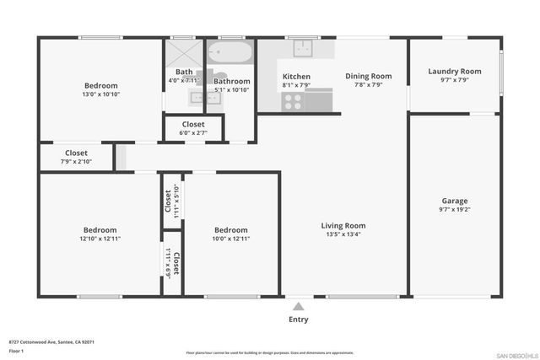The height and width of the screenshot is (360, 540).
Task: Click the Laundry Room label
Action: [454, 72]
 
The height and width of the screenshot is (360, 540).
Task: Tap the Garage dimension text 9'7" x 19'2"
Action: [454, 210]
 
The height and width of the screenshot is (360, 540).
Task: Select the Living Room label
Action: [343, 225]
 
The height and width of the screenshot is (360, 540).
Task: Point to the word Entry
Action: [299, 320]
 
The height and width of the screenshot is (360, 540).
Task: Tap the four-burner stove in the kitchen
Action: [294, 101]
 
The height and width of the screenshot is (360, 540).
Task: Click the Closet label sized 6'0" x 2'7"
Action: [192, 124]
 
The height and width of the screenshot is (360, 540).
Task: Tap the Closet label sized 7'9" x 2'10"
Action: [76, 153]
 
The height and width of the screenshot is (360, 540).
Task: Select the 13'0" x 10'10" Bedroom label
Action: [100, 85]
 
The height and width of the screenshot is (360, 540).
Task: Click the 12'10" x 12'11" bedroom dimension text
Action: [100, 239]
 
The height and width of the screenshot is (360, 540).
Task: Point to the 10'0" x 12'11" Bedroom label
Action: [230, 230]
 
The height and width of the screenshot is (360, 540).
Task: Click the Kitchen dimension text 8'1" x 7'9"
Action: [296, 85]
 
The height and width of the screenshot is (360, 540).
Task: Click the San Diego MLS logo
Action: [514, 352]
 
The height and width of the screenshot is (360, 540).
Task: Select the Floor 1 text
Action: [16, 351]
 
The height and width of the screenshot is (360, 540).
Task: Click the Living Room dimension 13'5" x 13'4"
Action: [343, 234]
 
